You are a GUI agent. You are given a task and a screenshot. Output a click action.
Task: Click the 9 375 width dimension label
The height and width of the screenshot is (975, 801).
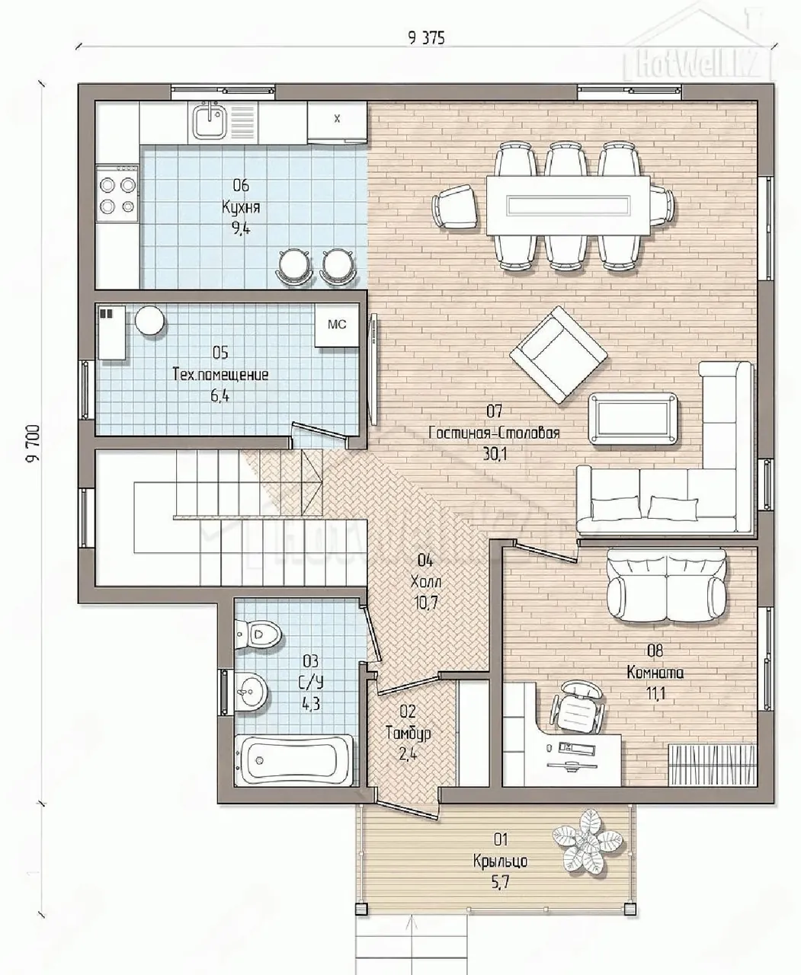[426, 38]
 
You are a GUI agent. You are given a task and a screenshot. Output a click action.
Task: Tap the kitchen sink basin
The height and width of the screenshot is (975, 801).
[209, 121]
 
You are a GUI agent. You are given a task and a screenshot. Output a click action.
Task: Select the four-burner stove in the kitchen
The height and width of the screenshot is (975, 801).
[117, 195]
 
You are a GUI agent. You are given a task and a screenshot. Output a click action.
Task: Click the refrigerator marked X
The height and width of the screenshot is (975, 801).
[337, 122]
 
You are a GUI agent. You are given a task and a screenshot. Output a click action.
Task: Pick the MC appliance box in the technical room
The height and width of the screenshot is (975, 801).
[337, 324]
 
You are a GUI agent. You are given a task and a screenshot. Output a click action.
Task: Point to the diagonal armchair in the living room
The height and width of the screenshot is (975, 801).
[559, 354]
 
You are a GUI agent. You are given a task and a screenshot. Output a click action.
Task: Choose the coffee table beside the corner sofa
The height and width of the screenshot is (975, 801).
[633, 419]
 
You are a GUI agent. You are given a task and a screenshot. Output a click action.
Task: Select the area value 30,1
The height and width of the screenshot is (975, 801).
[495, 455]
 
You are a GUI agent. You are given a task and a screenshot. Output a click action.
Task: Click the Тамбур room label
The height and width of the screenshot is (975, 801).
[408, 733]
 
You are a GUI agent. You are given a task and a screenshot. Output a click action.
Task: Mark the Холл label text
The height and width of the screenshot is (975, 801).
[425, 582]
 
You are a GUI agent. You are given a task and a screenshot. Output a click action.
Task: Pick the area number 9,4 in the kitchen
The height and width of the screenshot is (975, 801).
[241, 229]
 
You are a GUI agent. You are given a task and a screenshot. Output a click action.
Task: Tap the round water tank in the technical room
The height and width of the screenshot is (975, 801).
[149, 320]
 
